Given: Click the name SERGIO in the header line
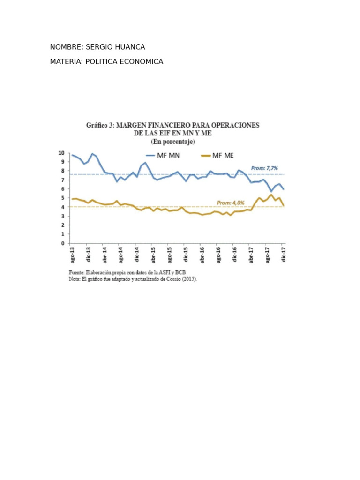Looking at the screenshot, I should tap(100, 47).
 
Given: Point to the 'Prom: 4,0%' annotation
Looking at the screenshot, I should tap(230, 202).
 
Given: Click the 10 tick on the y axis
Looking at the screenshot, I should tap(61, 153).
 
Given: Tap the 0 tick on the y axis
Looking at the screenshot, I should tap(63, 243).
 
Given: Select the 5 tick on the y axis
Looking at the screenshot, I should tap(63, 198).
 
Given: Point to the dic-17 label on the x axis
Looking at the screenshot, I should tap(283, 255).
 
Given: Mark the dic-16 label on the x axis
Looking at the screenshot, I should tap(234, 255).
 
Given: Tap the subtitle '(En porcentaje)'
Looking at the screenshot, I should tap(172, 141).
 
